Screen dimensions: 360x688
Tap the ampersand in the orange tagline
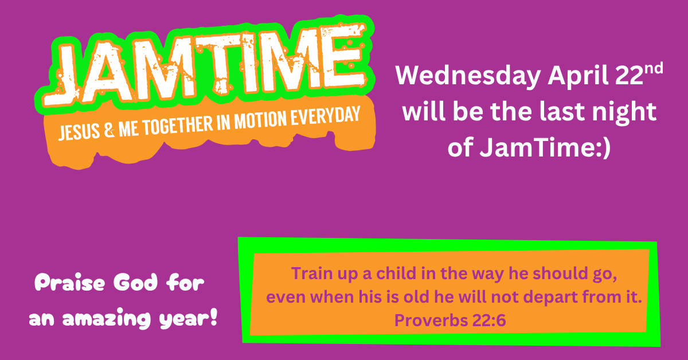108,132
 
